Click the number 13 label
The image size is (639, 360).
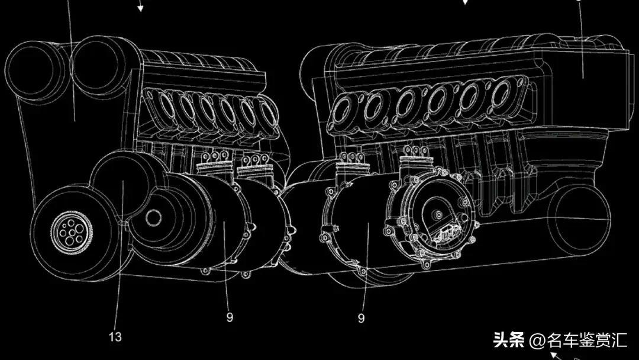tap(115, 337)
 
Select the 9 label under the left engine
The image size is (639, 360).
tap(230, 317)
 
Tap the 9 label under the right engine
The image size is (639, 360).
tap(361, 317)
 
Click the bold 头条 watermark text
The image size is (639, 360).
tap(509, 340)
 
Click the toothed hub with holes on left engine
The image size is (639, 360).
tap(72, 232)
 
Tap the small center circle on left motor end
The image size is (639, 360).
tap(154, 218)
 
